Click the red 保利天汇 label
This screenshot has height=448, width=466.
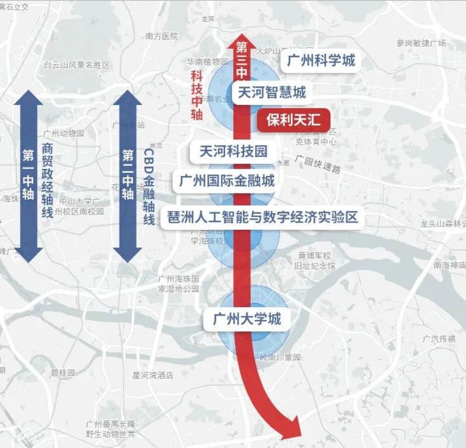(x=293, y=120)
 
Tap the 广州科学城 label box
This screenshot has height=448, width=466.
(x=321, y=60)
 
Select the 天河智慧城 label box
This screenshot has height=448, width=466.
(x=271, y=92)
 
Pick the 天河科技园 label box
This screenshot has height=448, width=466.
(x=233, y=151)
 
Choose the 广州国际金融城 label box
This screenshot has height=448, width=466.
(x=227, y=180)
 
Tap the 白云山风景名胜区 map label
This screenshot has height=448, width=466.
(x=77, y=65)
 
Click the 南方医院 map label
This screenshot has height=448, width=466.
(x=162, y=36)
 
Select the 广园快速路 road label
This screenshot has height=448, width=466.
(x=318, y=164)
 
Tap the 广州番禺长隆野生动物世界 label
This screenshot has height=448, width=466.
(x=110, y=429)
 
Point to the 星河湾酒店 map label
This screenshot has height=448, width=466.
(x=153, y=375)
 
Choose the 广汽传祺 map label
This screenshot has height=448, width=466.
(x=439, y=339)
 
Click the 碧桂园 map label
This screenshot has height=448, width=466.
(x=63, y=373)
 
